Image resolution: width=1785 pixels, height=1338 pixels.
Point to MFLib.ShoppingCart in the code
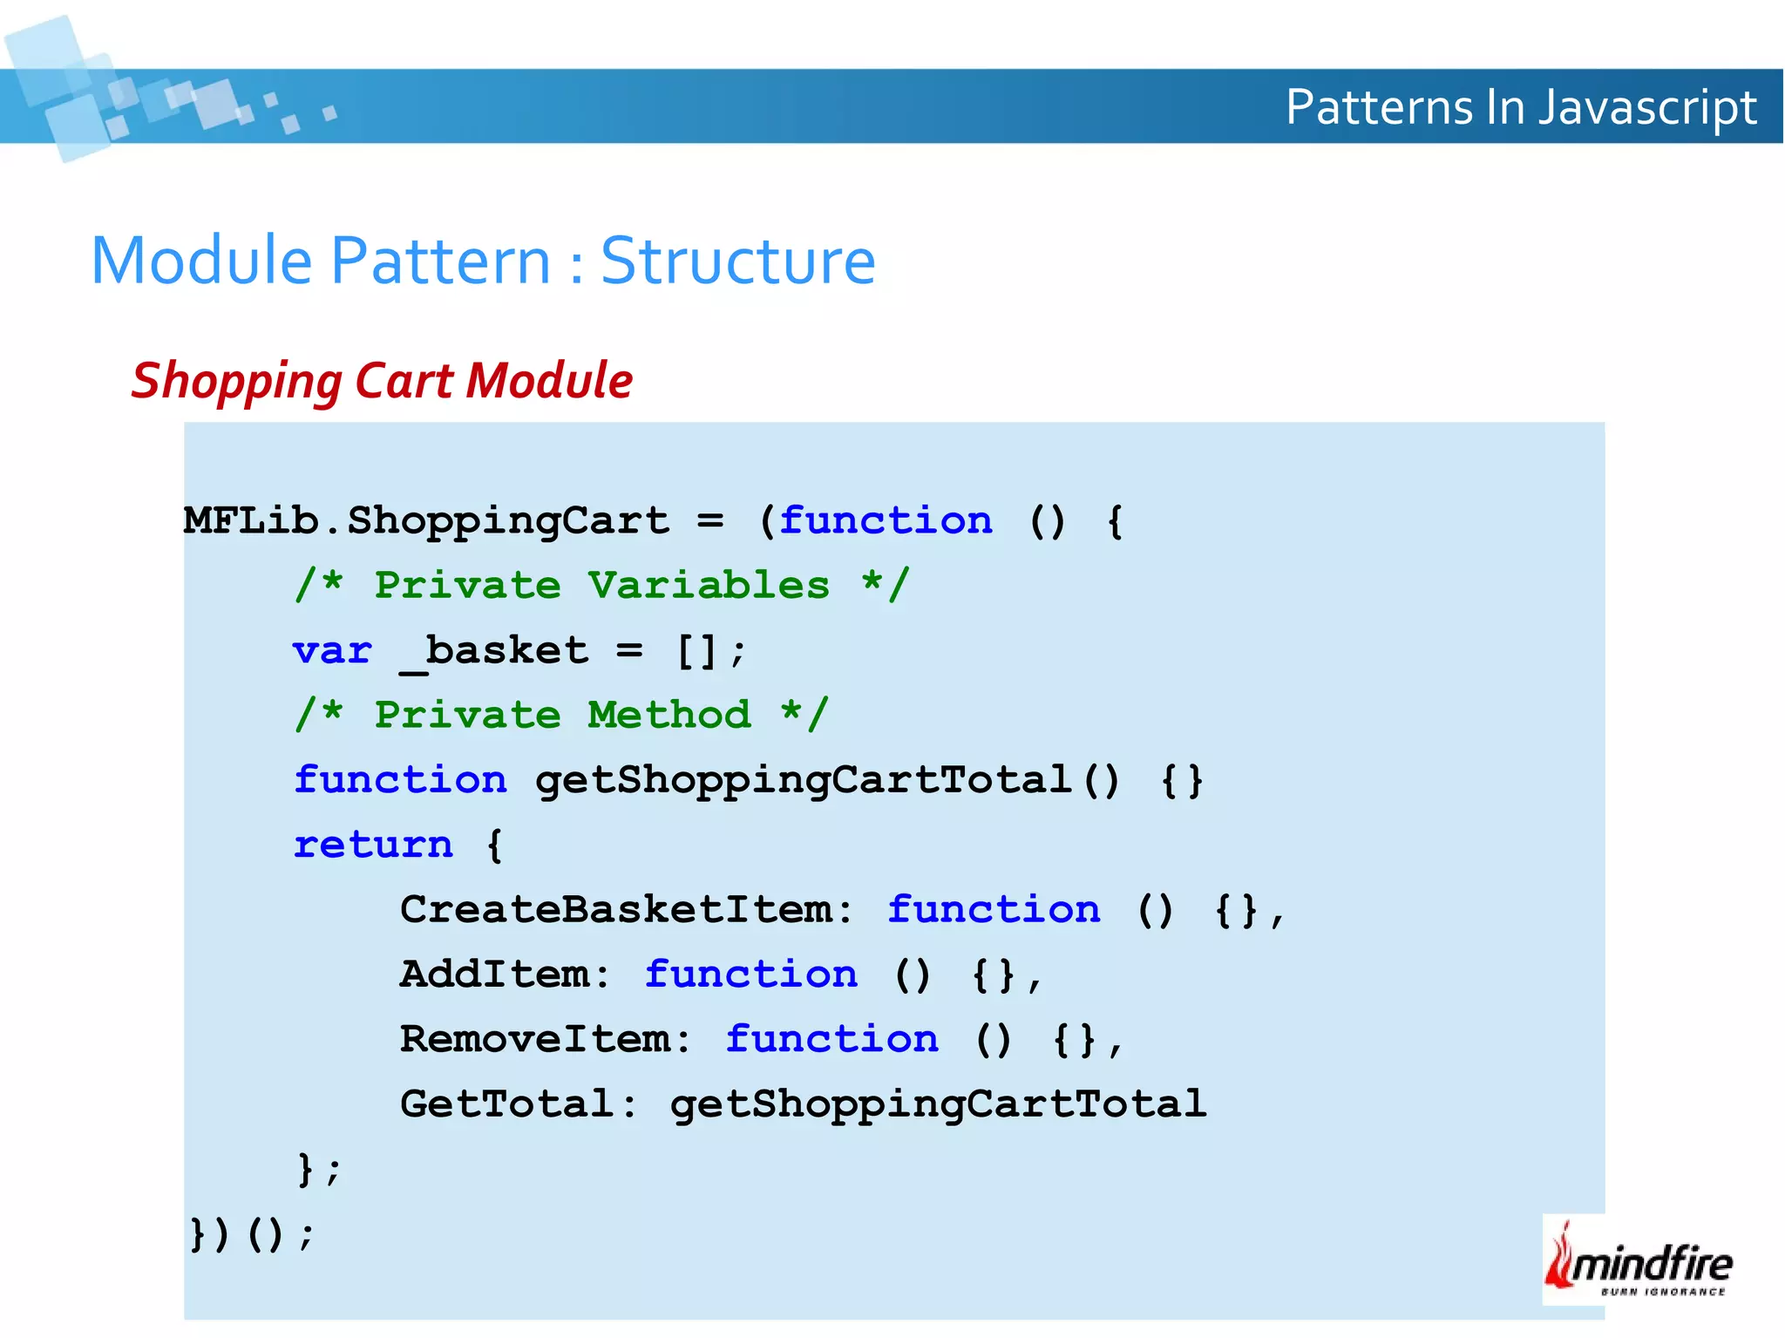(427, 521)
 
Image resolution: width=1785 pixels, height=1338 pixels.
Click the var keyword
(332, 651)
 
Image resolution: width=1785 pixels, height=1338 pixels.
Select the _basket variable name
(495, 651)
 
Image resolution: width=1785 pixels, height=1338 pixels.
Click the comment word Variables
(708, 586)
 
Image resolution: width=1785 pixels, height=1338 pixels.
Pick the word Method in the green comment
(669, 716)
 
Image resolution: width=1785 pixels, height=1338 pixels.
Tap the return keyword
(373, 845)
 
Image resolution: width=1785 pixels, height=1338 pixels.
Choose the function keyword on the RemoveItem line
(831, 1039)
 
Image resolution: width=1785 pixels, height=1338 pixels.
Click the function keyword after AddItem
(750, 975)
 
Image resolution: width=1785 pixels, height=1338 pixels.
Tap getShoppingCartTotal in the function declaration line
(803, 780)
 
